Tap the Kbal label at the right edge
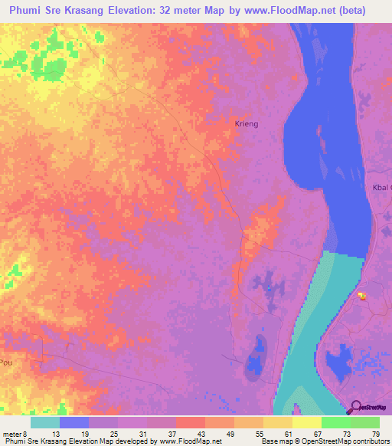(x=381, y=188)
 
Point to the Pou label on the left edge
(x=6, y=362)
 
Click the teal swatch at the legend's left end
(x=45, y=421)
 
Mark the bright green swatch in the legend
(x=335, y=421)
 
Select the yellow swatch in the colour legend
(x=306, y=421)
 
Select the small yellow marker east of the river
(x=362, y=295)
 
